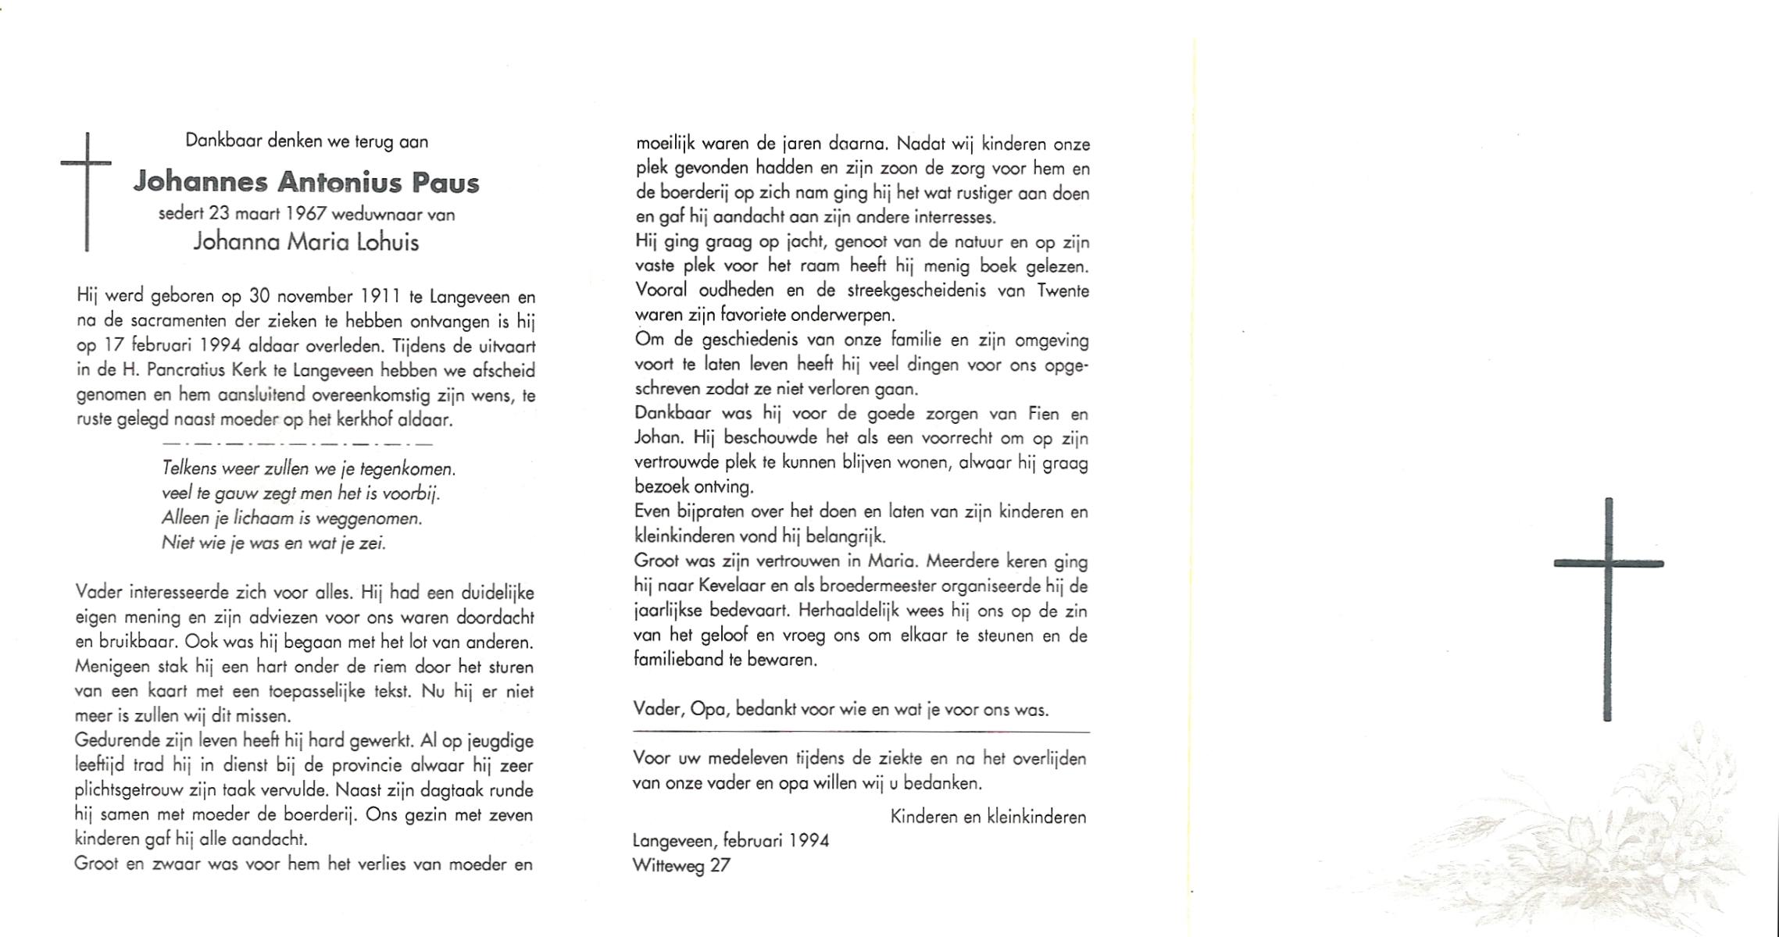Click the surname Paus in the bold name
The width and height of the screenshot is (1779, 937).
tap(445, 183)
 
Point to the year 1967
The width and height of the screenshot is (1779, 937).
tap(302, 214)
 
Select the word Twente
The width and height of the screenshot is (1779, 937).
tap(1062, 290)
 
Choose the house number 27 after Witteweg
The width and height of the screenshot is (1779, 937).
tap(720, 865)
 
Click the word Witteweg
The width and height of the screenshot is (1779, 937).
tap(668, 865)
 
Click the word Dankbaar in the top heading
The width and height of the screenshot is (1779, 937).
tap(224, 141)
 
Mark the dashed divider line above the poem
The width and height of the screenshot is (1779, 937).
tap(297, 444)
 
